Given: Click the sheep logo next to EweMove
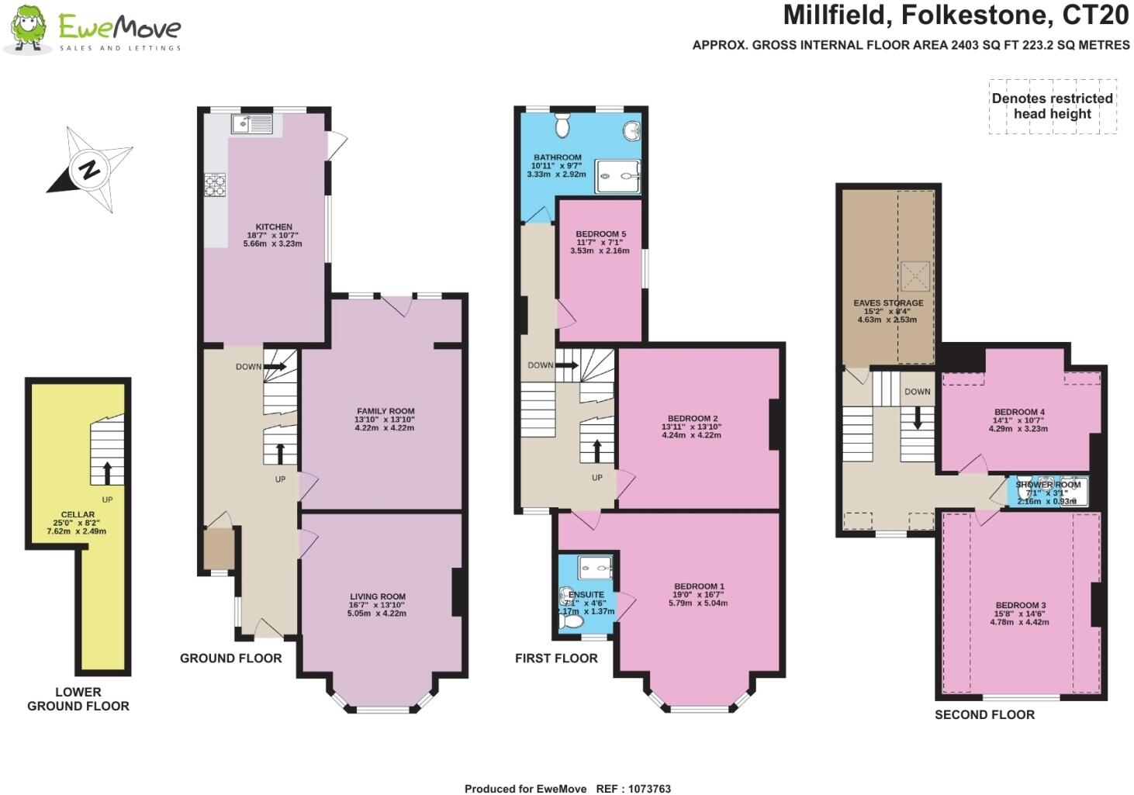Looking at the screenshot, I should point(28,29).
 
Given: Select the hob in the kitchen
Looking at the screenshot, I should point(215,185).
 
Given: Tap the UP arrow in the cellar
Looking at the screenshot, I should point(107,470).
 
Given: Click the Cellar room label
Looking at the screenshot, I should point(78,514).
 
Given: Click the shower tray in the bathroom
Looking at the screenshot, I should point(617,176).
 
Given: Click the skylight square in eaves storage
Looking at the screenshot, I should point(914,275).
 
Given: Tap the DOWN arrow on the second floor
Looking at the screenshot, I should point(918,417).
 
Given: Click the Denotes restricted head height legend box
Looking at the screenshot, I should point(1052,106).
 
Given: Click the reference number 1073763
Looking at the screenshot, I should point(645,789).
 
